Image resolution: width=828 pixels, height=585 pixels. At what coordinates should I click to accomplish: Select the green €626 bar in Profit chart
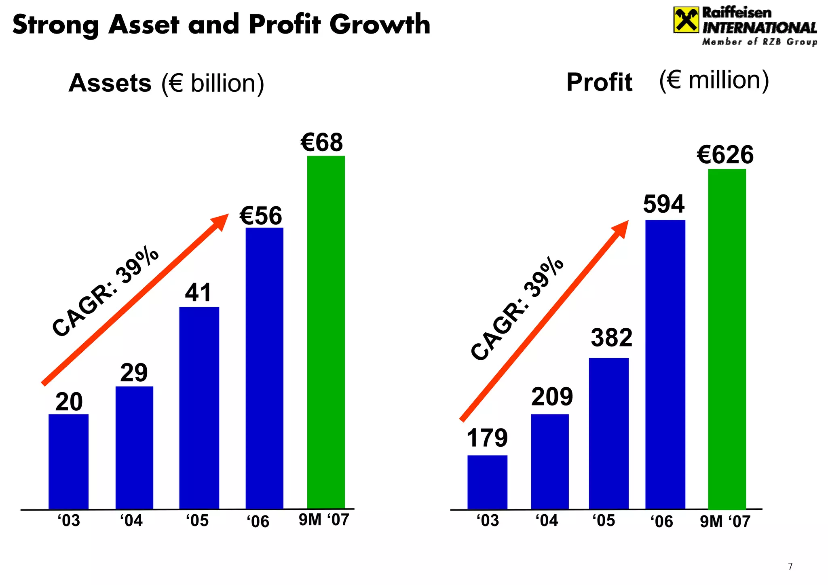pos(727,339)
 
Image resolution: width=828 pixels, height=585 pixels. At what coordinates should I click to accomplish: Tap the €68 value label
pos(322,142)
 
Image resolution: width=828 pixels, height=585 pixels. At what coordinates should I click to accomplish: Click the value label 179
pos(487,438)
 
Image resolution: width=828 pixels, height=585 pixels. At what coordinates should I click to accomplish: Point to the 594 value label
pos(663,204)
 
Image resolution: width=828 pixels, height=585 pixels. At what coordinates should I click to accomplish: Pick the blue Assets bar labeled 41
pos(199,408)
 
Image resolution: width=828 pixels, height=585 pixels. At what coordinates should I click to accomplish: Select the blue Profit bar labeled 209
pos(549,461)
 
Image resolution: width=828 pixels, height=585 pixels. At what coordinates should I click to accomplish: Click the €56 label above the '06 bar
pos(261,215)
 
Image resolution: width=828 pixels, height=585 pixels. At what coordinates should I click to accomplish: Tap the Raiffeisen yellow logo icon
pos(686,20)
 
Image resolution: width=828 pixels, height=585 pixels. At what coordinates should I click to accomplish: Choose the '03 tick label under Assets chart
pos(69,521)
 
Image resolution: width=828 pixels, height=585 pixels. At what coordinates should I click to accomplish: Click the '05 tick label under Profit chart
pos(604,521)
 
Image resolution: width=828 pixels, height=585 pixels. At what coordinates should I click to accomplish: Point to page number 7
pos(790,566)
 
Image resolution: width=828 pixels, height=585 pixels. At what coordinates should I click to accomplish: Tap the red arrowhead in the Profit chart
pos(621,228)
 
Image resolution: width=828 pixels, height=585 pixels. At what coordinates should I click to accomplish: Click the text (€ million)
pos(714,80)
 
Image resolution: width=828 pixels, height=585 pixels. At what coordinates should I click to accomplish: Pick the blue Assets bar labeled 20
pos(68,461)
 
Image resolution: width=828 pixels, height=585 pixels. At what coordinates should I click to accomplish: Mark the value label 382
pos(611,338)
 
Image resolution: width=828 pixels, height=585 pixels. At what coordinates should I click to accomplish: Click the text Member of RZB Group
pos(759,42)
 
